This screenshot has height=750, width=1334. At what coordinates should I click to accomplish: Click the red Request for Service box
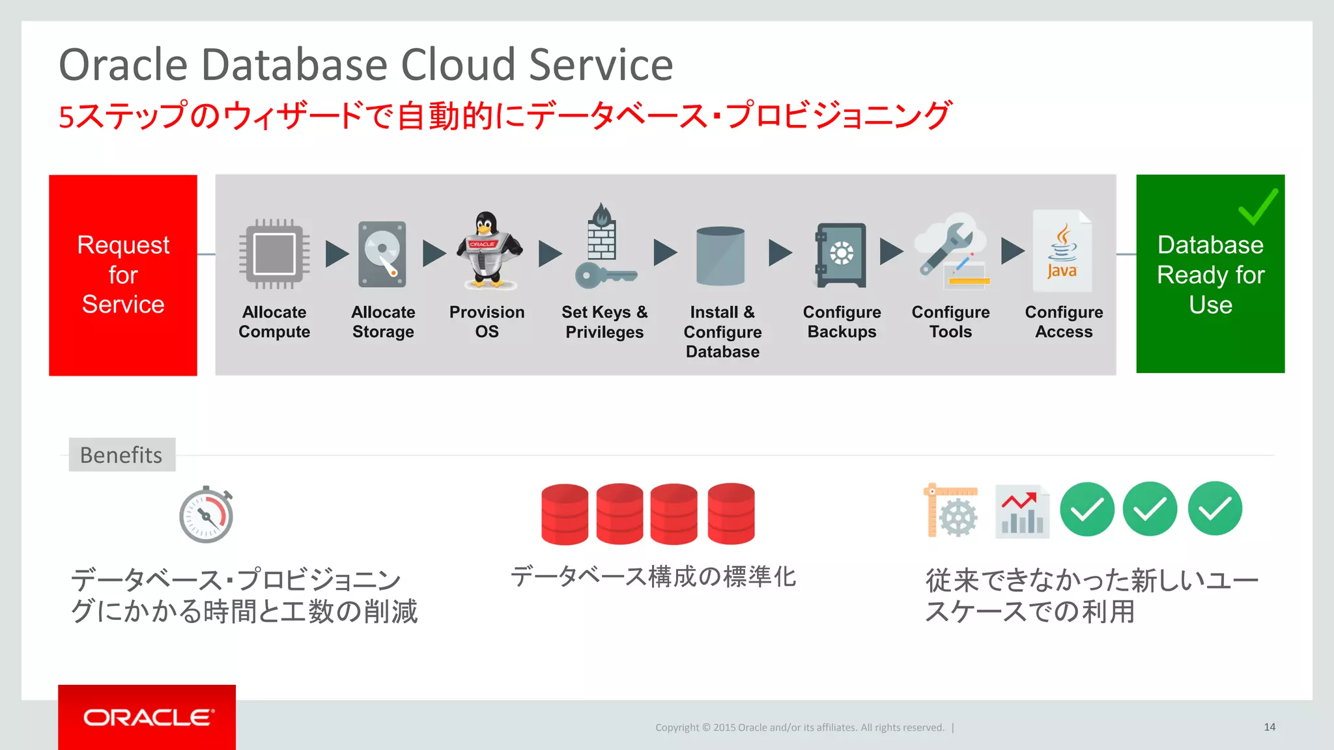point(123,275)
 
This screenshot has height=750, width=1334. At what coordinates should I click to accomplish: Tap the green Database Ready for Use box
point(1210,274)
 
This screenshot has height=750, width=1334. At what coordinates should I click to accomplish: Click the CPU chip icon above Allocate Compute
point(274,254)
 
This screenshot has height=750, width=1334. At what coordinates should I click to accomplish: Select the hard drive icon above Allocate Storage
point(382,255)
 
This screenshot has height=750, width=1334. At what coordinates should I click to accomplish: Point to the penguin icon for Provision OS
point(487,251)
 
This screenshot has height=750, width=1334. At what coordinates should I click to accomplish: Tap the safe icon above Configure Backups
point(841,255)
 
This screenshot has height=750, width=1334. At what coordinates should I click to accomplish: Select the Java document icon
point(1062,251)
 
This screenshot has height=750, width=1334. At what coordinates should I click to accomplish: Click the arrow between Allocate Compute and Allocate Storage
point(336,254)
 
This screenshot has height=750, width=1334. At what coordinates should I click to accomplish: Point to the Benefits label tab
point(122,454)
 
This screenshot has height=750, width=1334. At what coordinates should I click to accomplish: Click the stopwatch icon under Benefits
point(206,515)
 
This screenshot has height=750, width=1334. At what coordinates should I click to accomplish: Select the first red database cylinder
point(565,514)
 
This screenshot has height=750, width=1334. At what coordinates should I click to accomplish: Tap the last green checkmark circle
point(1215,508)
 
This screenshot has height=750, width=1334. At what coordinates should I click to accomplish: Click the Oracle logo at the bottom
point(148,717)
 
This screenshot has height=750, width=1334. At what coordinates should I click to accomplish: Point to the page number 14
point(1270,727)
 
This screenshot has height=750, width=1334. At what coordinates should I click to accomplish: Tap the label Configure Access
point(1064,322)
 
